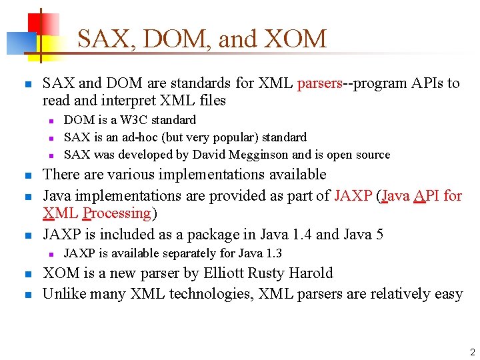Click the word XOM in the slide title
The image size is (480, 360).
point(295,39)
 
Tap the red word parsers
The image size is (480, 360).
point(319,83)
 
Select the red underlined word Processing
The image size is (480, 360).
point(117,213)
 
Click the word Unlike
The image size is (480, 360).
point(63,293)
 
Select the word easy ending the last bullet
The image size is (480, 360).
point(448,293)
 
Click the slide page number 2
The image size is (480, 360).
point(471,352)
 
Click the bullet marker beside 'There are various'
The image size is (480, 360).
point(27,176)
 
